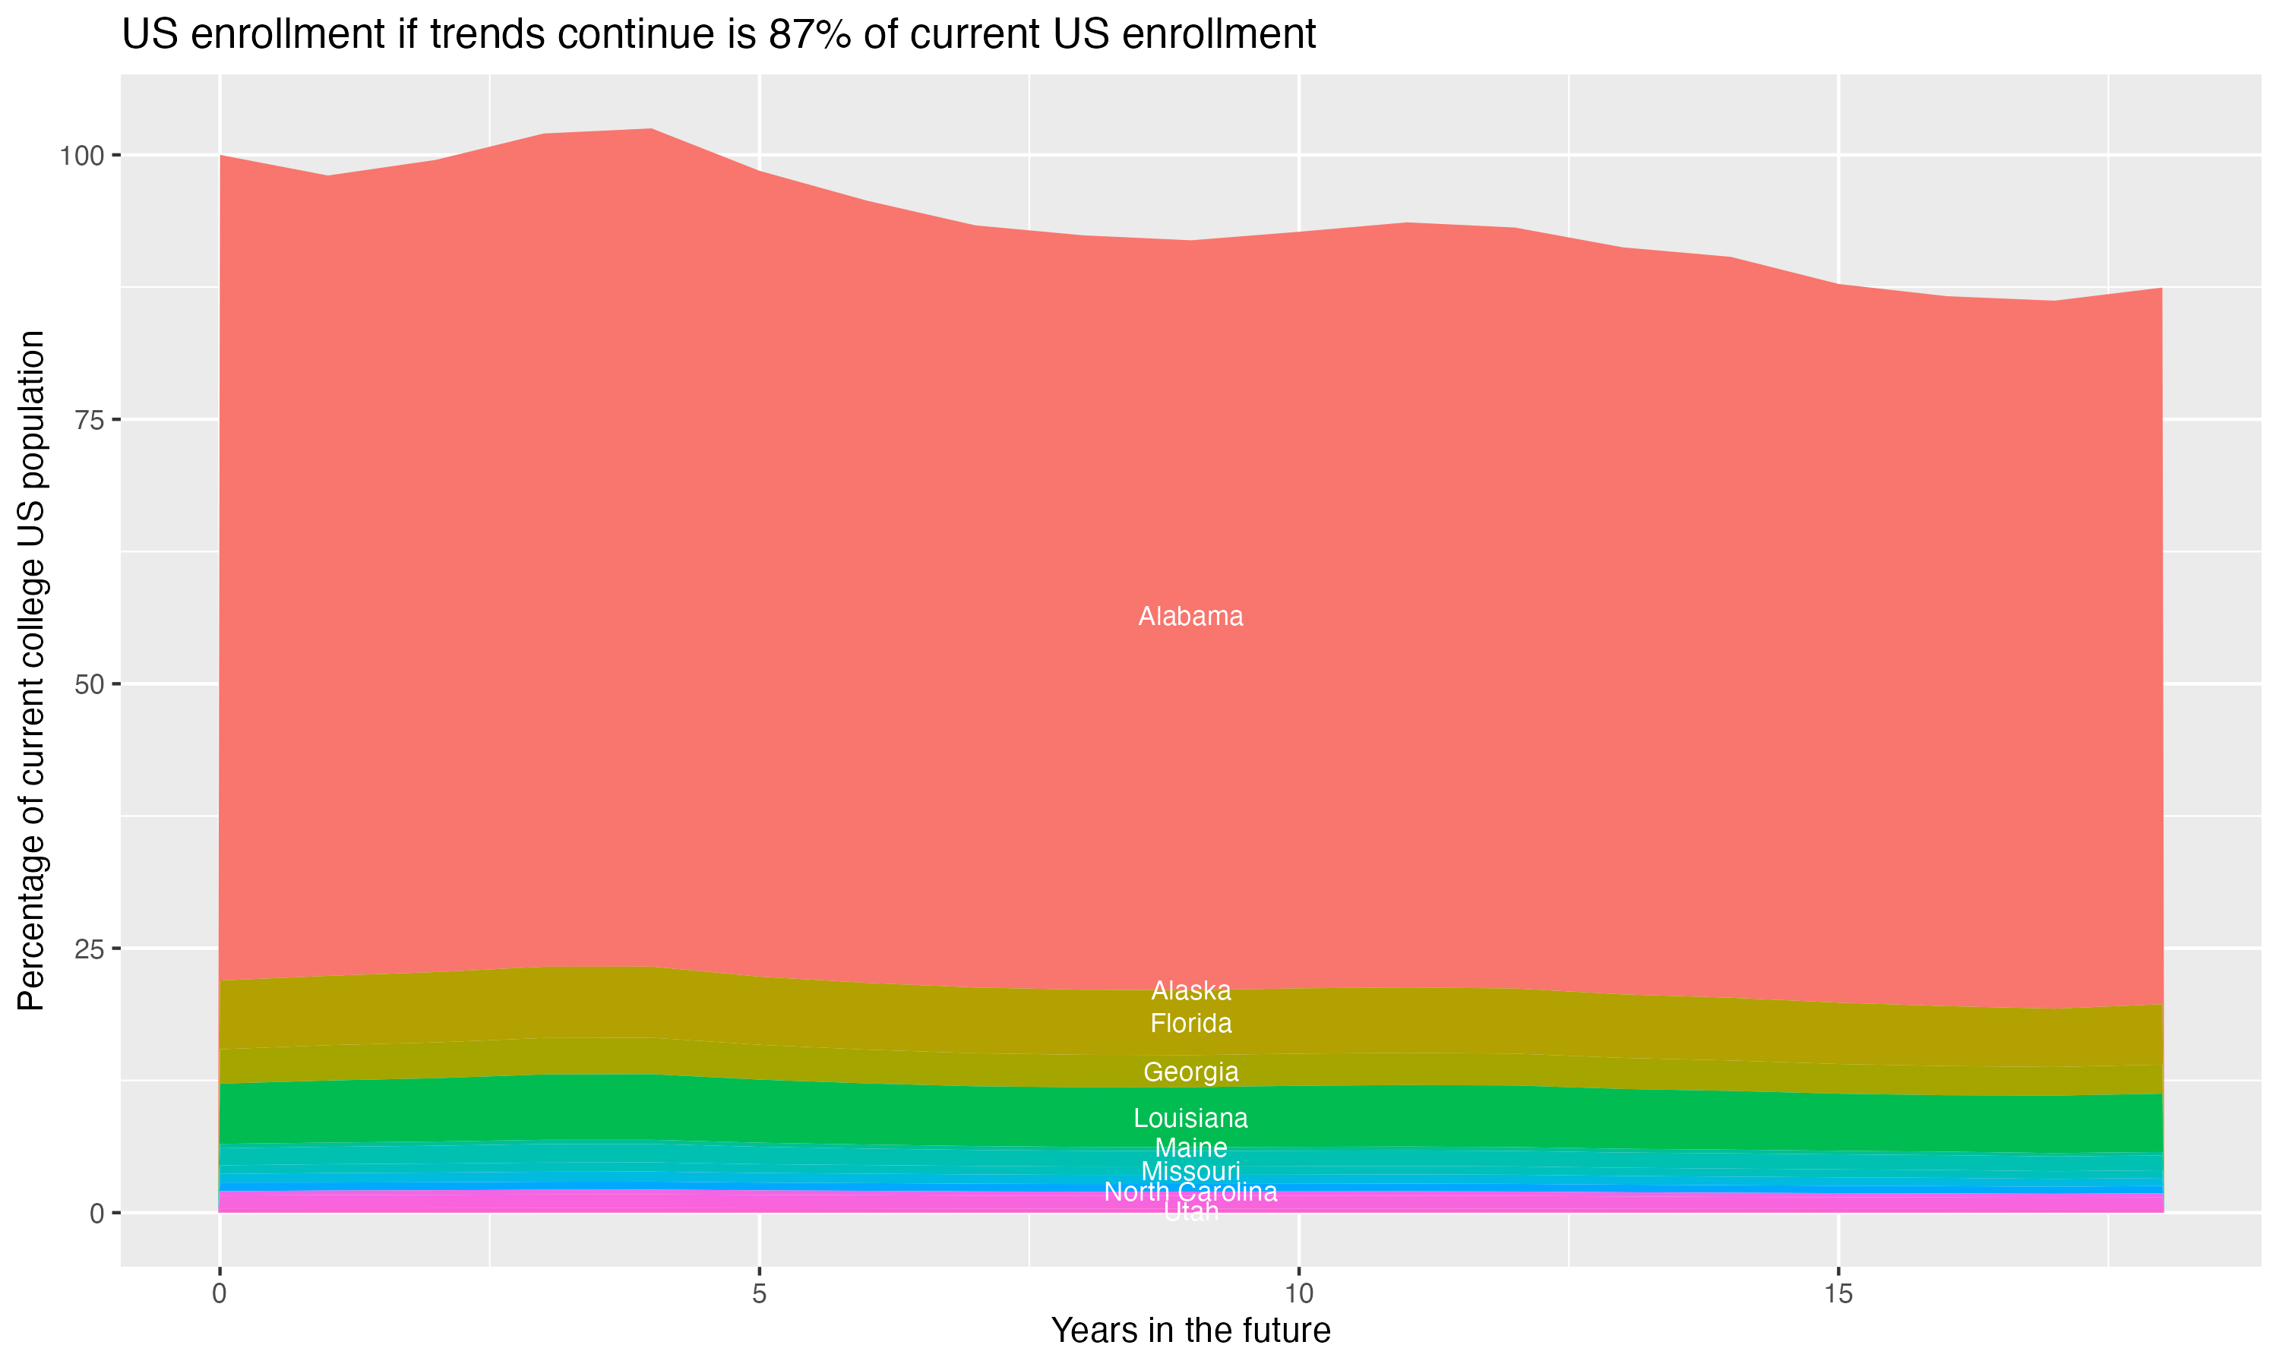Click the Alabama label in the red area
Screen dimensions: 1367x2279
(1190, 616)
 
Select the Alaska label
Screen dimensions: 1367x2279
(1190, 990)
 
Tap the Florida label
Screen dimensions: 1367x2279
(1190, 1024)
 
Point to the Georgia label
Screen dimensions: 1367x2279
(1190, 1072)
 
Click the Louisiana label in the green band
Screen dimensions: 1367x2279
(1190, 1119)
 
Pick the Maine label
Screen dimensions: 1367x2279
(1190, 1148)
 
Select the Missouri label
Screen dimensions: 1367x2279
(1190, 1172)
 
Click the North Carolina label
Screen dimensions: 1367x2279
(1190, 1192)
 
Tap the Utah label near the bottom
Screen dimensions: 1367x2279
(1190, 1212)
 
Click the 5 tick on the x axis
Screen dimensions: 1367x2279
(759, 1294)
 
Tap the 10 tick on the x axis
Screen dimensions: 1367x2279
(1298, 1294)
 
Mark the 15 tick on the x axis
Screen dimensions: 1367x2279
(1838, 1294)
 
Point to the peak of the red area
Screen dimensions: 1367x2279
(651, 130)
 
